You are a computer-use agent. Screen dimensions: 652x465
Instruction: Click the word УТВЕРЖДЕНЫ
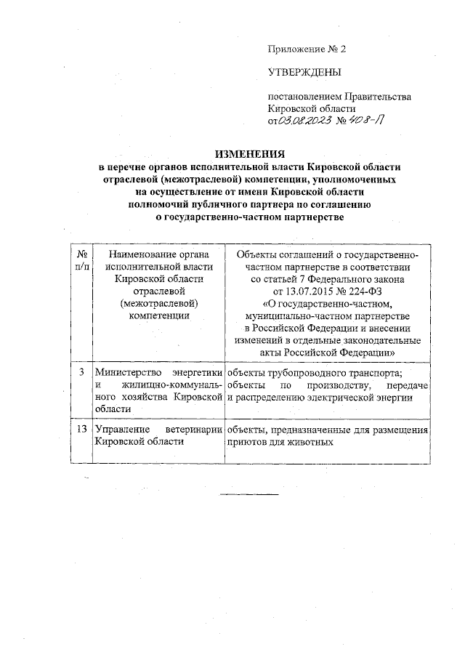(x=304, y=72)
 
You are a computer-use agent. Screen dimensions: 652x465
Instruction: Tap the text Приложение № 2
(x=308, y=49)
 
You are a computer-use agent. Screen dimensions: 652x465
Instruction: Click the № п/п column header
(x=82, y=260)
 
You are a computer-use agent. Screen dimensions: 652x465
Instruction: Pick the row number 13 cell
(x=82, y=430)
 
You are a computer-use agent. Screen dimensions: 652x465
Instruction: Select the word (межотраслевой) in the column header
(x=158, y=302)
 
